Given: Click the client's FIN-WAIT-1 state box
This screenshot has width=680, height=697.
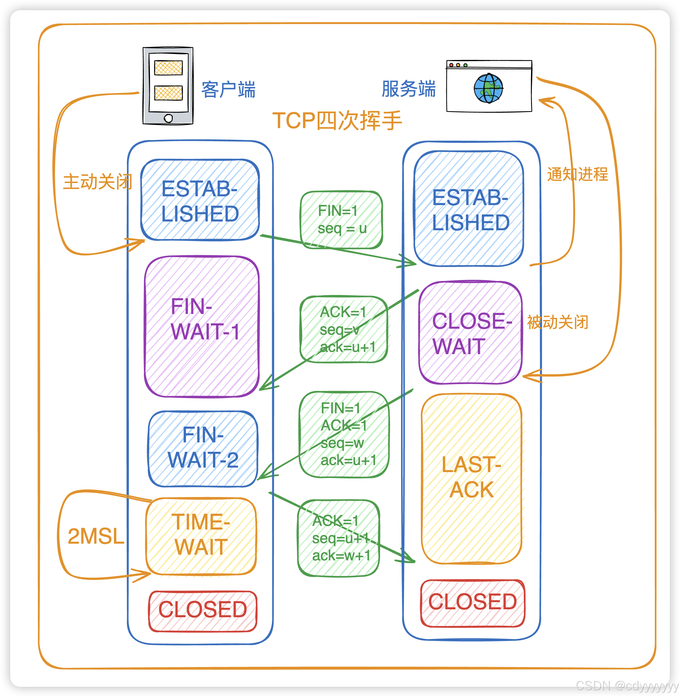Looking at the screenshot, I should click(x=202, y=326).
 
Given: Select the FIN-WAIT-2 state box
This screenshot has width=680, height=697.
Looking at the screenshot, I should click(x=202, y=449).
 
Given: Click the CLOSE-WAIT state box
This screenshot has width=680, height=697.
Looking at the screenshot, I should click(x=470, y=332).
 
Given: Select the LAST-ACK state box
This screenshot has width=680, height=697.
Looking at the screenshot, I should click(x=471, y=478).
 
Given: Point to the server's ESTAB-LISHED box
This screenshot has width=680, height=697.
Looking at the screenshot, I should click(x=469, y=209).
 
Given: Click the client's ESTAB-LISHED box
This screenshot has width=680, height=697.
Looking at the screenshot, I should click(x=200, y=200).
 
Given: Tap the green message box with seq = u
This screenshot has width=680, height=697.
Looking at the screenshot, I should click(x=341, y=220).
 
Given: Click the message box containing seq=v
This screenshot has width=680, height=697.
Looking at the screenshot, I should click(x=344, y=329).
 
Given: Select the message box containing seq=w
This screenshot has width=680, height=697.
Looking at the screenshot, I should click(x=344, y=434).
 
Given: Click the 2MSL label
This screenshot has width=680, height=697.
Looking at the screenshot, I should click(x=96, y=536).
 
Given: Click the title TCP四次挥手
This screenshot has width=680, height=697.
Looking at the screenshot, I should click(x=337, y=121).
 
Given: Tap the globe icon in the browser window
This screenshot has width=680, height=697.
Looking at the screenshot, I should click(x=488, y=88).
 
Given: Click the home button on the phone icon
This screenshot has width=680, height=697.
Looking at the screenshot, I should click(x=168, y=118).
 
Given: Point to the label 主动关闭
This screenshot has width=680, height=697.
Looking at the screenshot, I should click(x=98, y=182).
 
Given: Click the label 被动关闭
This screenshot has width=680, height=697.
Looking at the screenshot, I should click(x=558, y=322).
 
